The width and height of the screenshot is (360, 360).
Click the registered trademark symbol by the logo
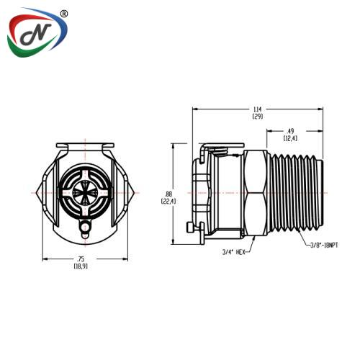(x=63, y=14)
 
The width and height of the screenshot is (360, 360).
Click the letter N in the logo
(x=36, y=34)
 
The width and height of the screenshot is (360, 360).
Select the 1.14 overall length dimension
(x=258, y=109)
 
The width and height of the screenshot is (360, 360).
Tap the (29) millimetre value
(x=258, y=117)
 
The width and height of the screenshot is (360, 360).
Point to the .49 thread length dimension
(x=290, y=131)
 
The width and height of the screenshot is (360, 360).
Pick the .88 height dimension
(x=168, y=194)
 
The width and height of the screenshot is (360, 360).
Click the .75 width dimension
(x=81, y=259)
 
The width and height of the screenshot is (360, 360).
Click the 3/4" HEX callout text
(x=234, y=252)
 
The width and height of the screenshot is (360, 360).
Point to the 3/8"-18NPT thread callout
(x=324, y=246)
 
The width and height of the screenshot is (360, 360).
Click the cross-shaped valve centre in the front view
(x=85, y=192)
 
